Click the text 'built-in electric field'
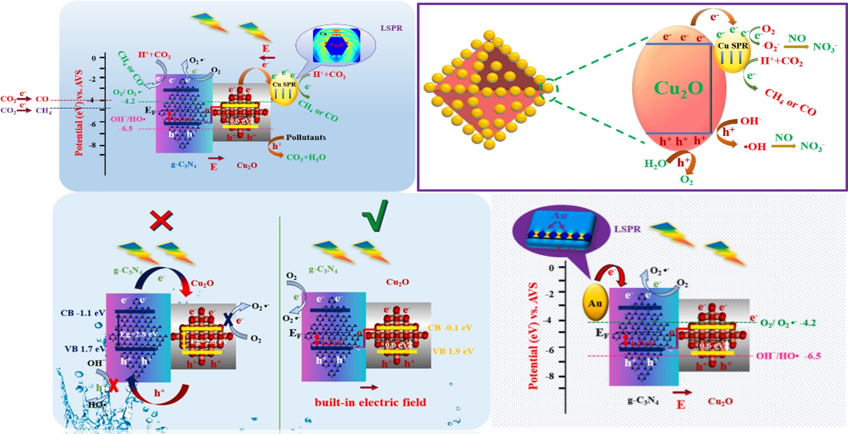coord(370,402)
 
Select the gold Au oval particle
coord(595,304)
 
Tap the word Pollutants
coord(306,137)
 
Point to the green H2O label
coord(655,163)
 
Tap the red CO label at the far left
coord(42,100)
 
